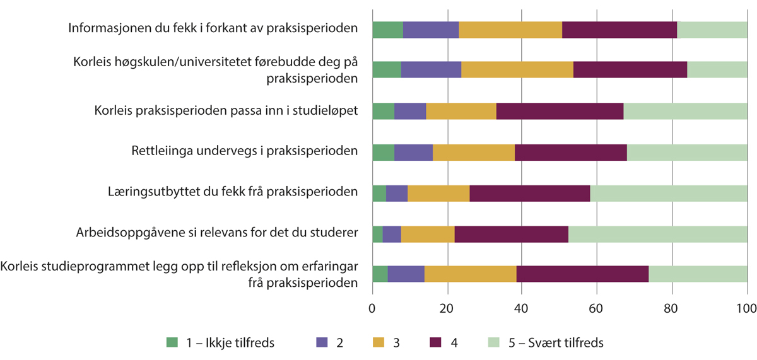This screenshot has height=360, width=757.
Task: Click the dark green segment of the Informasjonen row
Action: tap(387, 30)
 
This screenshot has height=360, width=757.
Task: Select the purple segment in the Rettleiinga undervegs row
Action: tap(413, 152)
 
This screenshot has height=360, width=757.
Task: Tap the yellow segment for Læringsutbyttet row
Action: tap(438, 193)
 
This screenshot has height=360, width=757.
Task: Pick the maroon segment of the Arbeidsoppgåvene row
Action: tap(511, 233)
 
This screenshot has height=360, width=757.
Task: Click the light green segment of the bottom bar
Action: tap(698, 274)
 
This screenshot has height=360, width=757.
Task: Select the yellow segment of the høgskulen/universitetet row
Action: tap(517, 70)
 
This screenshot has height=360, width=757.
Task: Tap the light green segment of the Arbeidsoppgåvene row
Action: tap(657, 233)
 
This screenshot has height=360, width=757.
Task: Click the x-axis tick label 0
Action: tap(372, 309)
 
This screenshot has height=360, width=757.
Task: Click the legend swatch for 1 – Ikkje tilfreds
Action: tap(172, 343)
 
